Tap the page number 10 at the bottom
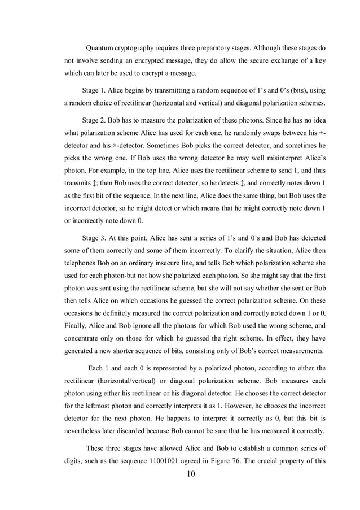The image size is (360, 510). [x=190, y=473]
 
